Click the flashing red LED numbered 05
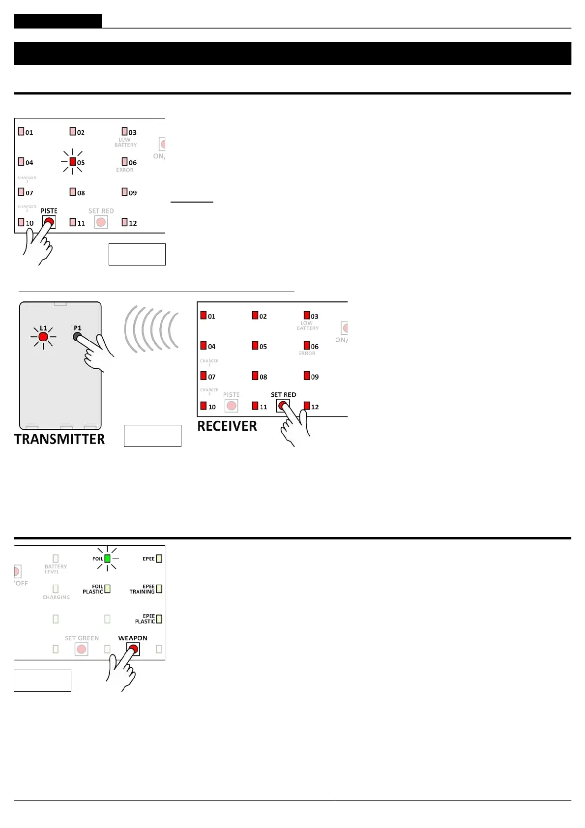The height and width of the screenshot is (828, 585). [x=73, y=162]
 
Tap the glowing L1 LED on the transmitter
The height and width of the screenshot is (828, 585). [x=43, y=337]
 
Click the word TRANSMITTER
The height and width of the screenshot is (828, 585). [x=59, y=439]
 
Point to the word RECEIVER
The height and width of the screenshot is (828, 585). [x=227, y=426]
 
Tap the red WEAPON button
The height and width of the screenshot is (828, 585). [x=133, y=650]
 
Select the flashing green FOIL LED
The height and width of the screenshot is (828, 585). [x=107, y=559]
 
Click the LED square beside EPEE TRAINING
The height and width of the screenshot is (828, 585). [x=159, y=589]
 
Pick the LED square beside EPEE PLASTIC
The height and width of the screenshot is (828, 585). [x=159, y=619]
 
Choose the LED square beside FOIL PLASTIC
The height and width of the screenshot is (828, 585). [x=107, y=589]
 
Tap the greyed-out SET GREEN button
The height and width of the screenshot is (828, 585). [x=82, y=650]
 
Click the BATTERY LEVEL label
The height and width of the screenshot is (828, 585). [x=56, y=569]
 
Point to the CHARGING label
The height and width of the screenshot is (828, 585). [x=56, y=597]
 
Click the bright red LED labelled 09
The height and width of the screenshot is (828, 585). [x=307, y=376]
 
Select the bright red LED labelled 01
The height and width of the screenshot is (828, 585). [x=204, y=315]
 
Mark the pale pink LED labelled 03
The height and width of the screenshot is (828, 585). [x=125, y=131]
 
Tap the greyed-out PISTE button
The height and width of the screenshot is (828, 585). [x=231, y=406]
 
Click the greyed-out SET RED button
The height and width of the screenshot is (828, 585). [x=101, y=222]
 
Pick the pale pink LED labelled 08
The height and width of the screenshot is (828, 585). [x=73, y=192]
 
